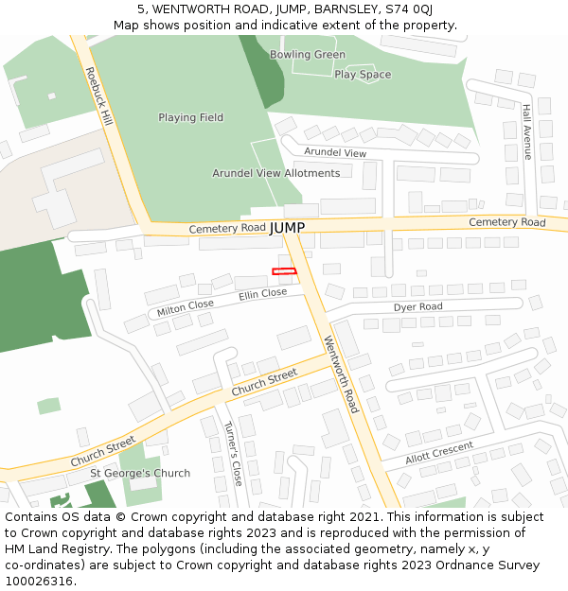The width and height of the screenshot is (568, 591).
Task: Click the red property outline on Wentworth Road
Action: [284, 272]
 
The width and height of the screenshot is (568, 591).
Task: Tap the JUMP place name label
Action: [287, 228]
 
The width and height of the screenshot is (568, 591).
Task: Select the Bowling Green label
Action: [308, 55]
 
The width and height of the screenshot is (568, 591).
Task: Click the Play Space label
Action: [363, 75]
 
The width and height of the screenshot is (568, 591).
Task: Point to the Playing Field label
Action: [190, 117]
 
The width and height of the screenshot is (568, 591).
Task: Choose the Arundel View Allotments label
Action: [275, 173]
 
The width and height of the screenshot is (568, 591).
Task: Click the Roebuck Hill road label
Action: [98, 96]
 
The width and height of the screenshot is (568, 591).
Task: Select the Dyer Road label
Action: [417, 307]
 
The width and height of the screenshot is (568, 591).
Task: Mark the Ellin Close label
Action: [262, 294]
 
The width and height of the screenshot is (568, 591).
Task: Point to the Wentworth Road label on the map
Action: [341, 374]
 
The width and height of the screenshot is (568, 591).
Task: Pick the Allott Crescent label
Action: [439, 452]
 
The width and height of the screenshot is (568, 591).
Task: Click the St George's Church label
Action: [140, 473]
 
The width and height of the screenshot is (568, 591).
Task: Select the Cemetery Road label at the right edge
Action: [507, 222]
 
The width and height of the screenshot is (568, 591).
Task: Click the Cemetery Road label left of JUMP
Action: [227, 229]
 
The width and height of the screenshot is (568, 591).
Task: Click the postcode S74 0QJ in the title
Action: [410, 9]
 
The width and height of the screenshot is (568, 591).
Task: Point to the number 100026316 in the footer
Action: [39, 581]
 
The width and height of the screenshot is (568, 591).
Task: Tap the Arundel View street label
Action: [335, 152]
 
